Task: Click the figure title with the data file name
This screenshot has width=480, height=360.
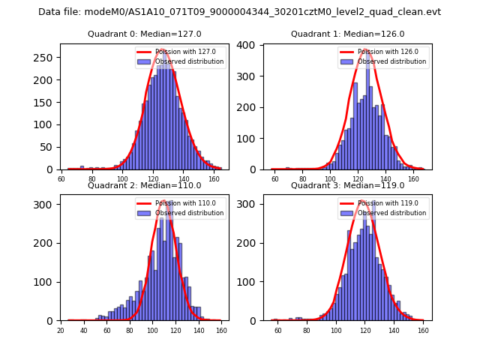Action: (x=239, y=12)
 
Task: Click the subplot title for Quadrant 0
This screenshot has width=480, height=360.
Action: (x=145, y=34)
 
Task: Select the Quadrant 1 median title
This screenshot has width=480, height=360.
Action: (x=347, y=34)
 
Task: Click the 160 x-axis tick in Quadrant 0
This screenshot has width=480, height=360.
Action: (x=214, y=179)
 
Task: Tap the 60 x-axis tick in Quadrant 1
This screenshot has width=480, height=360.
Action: (x=274, y=179)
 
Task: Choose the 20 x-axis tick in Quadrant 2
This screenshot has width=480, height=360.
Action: (x=61, y=331)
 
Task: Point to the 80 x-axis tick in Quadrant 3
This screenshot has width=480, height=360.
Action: (x=307, y=331)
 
